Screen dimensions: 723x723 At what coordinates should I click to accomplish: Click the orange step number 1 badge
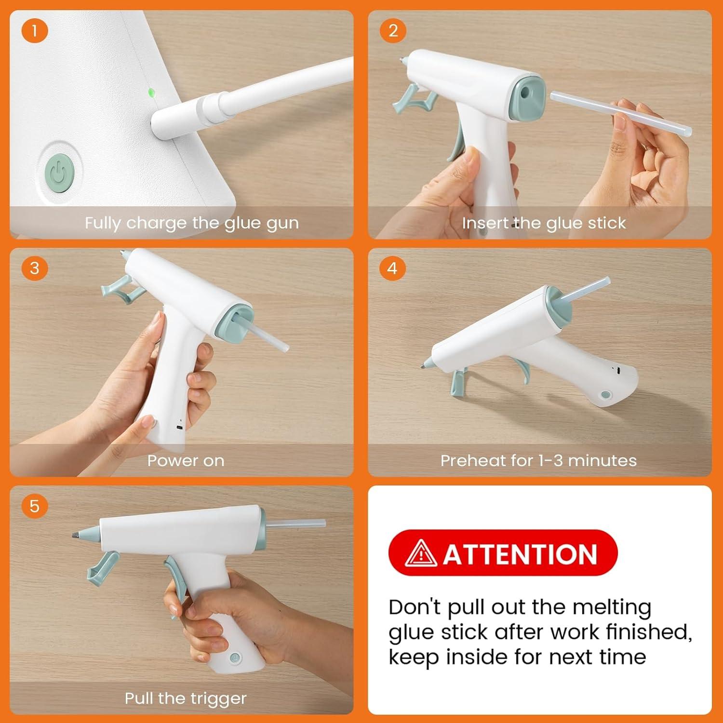[x=35, y=30]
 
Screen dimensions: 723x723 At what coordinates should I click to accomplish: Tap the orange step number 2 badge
[x=393, y=30]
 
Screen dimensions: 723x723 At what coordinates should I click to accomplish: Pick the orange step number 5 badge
[x=35, y=506]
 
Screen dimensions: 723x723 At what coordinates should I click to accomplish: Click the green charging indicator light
[x=151, y=92]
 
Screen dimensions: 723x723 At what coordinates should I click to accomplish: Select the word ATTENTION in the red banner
[x=520, y=554]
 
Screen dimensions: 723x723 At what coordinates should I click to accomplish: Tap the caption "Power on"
[x=186, y=460]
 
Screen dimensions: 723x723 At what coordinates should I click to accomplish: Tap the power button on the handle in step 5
[x=235, y=657]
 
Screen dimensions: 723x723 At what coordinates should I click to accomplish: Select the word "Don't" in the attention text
[x=415, y=607]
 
